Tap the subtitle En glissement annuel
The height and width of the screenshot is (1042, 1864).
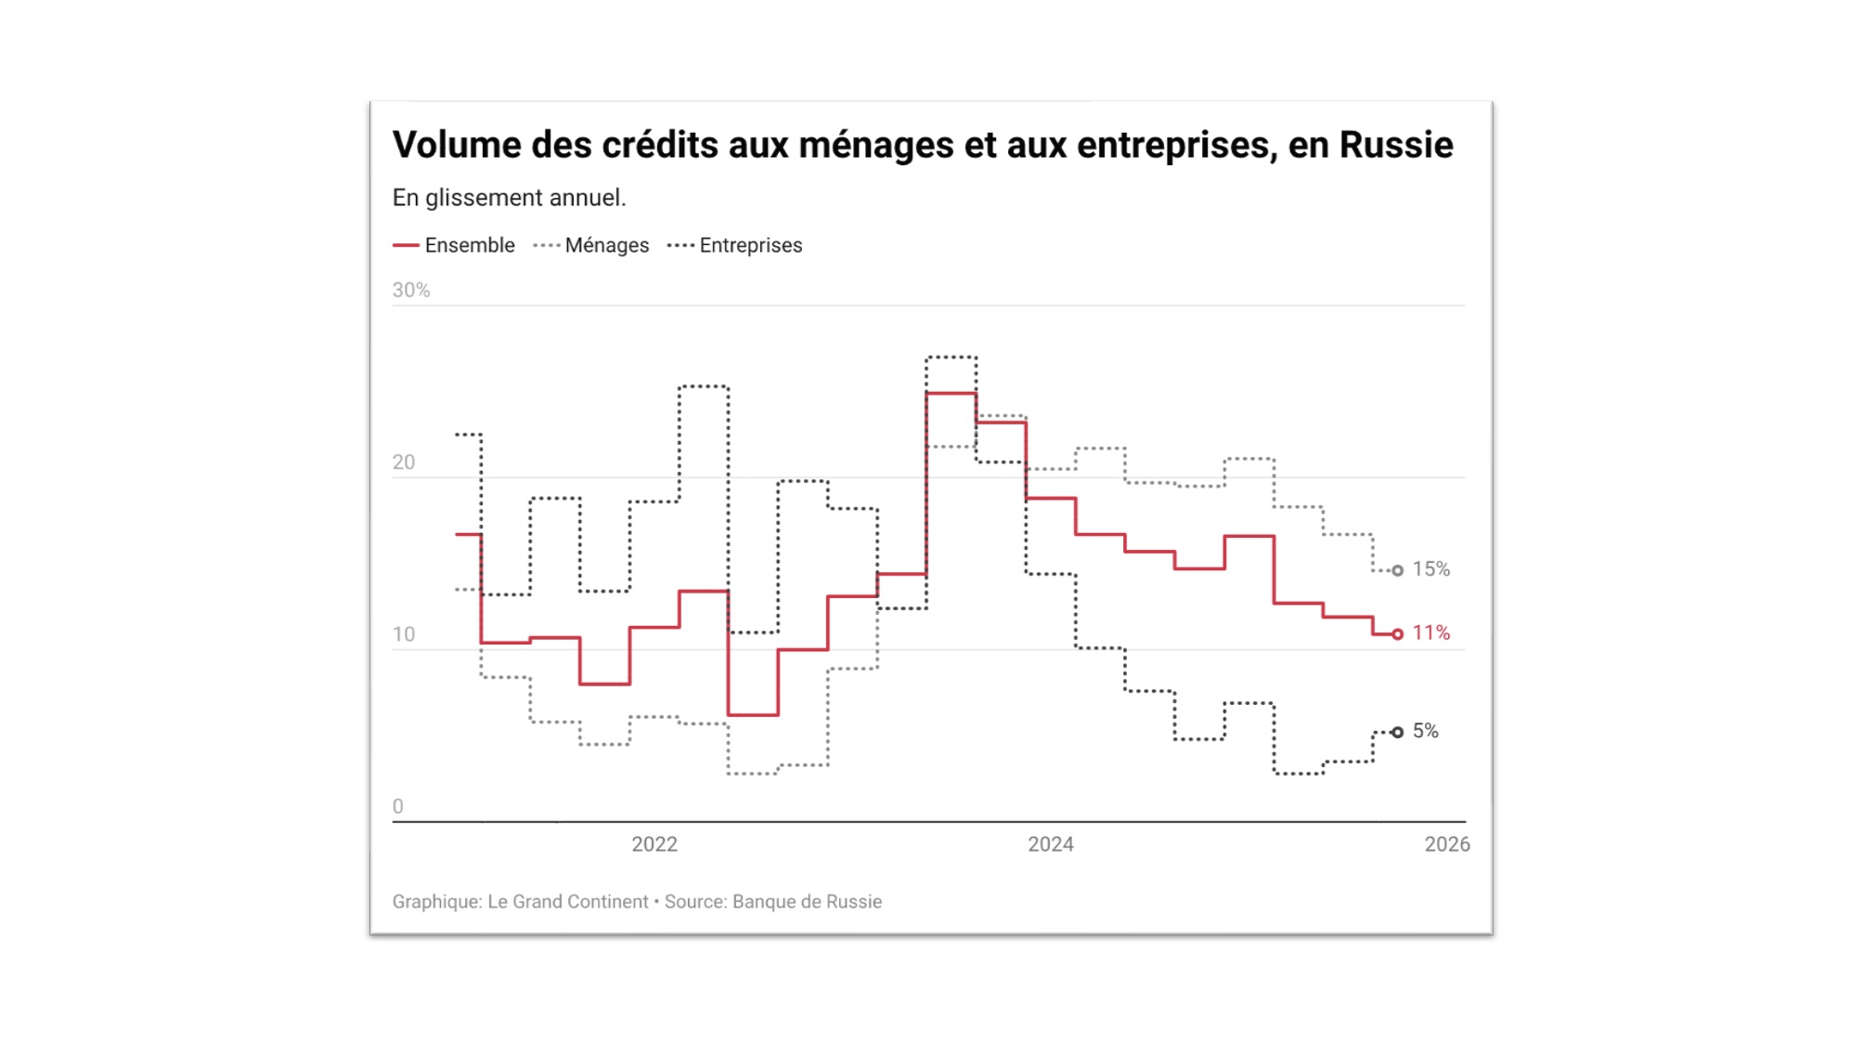click(509, 198)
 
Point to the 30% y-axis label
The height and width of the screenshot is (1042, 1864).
click(410, 290)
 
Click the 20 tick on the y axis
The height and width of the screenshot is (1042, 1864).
click(403, 462)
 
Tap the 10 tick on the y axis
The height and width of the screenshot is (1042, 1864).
click(403, 634)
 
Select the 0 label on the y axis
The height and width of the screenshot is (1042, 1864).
click(397, 806)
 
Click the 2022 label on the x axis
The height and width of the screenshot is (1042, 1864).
click(654, 844)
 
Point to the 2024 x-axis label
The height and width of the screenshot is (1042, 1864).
click(1050, 844)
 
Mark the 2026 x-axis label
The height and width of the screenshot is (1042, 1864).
click(1446, 844)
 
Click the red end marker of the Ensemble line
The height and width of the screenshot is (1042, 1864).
click(1397, 634)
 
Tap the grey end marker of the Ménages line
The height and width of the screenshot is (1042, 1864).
click(1397, 570)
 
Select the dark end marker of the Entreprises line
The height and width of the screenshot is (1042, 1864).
click(1397, 733)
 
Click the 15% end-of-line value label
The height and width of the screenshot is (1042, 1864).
click(1430, 569)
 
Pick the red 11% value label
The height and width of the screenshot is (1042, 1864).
click(1430, 632)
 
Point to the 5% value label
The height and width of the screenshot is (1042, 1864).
click(1425, 731)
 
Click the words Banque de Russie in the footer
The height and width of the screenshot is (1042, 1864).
click(807, 902)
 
